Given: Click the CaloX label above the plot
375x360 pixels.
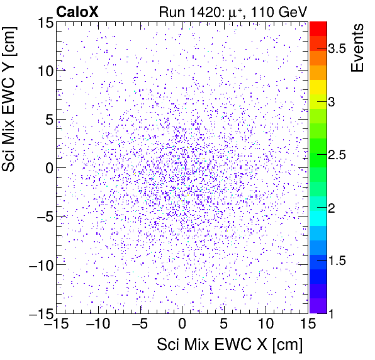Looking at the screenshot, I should click(77, 11).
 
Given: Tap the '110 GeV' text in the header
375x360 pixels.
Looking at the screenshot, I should click(283, 11).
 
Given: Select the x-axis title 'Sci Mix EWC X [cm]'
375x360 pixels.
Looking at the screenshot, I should click(230, 344).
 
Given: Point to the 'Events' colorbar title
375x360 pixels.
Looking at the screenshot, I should click(358, 48).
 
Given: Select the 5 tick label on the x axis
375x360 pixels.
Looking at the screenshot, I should click(223, 325).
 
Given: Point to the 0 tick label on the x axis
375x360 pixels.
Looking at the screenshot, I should click(182, 325).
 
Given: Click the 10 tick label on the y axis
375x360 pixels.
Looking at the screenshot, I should click(42, 70).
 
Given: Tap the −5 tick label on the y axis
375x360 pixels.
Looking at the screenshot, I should click(41, 216).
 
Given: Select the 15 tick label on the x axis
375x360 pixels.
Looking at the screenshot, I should click(307, 325).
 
